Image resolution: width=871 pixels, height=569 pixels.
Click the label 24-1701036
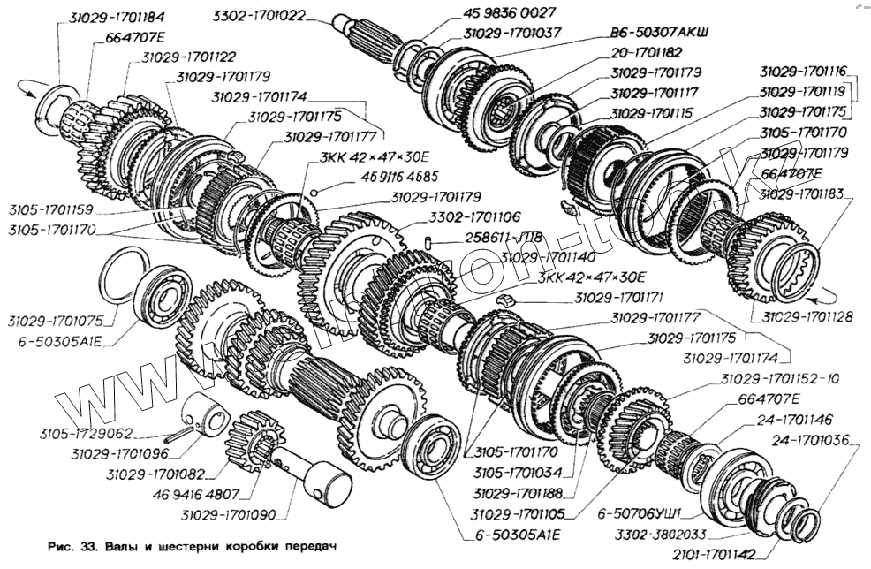coord(808,437)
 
